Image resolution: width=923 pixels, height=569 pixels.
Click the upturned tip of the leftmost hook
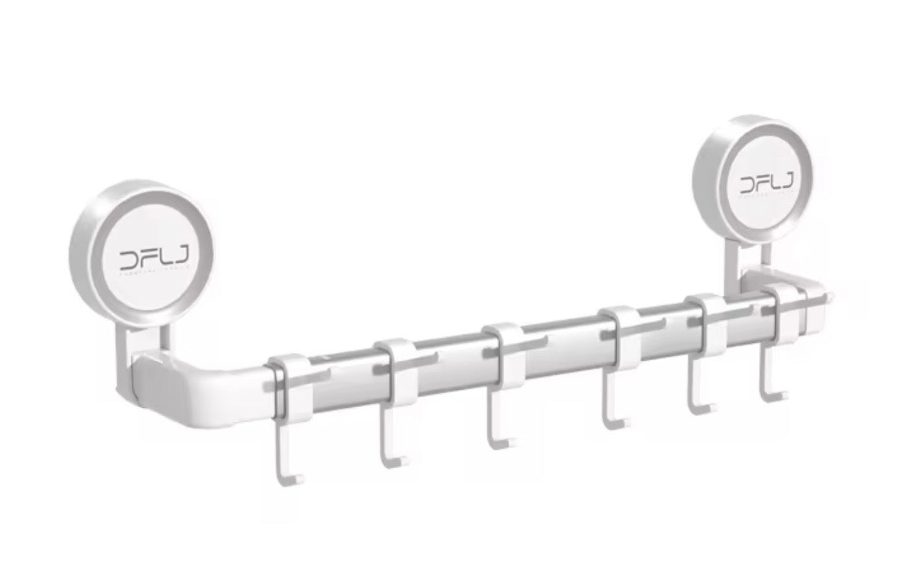point(301,475)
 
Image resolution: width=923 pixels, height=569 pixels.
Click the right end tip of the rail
point(831,294)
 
